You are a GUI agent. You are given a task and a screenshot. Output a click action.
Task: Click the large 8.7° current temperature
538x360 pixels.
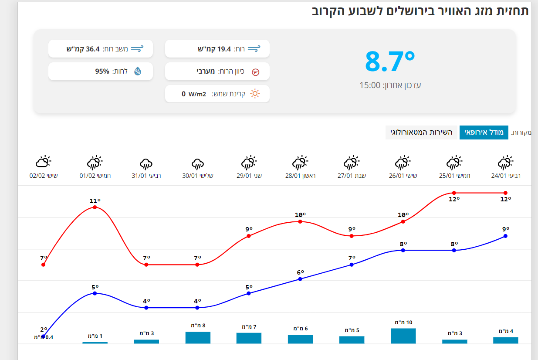[390, 61]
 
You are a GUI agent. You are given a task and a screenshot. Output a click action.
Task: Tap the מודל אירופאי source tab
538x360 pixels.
[484, 132]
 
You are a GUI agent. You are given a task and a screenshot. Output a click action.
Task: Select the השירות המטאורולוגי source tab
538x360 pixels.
[422, 132]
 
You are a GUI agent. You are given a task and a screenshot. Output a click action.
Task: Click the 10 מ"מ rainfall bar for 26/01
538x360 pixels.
[403, 336]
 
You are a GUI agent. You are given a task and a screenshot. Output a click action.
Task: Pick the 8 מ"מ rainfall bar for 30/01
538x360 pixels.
[198, 337]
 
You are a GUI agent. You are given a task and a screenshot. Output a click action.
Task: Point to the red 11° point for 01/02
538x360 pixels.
[95, 207]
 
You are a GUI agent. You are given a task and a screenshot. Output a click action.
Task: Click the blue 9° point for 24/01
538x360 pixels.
[505, 236]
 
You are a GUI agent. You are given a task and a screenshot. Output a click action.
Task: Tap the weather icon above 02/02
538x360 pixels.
[43, 162]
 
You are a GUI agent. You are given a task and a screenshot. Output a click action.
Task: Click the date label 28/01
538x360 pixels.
[300, 176]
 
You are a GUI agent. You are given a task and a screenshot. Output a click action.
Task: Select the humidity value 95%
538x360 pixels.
[102, 71]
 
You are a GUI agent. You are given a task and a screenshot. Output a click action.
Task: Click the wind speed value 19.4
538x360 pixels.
[224, 49]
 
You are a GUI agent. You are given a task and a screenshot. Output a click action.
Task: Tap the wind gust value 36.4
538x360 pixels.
[93, 49]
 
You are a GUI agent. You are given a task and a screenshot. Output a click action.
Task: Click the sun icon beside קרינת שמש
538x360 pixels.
[255, 94]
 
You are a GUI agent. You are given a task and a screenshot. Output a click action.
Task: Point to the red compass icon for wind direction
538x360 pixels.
[256, 71]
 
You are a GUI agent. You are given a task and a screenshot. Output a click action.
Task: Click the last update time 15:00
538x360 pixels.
[370, 85]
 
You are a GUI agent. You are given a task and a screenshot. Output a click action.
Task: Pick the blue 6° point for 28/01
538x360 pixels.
[300, 279]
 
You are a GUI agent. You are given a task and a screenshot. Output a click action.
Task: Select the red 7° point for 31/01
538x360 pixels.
[146, 265]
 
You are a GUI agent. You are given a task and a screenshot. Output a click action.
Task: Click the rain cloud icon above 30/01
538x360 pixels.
[198, 163]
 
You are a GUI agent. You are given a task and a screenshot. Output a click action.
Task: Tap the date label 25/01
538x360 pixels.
[454, 176]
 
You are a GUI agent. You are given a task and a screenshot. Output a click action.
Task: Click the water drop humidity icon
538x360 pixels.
[138, 71]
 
